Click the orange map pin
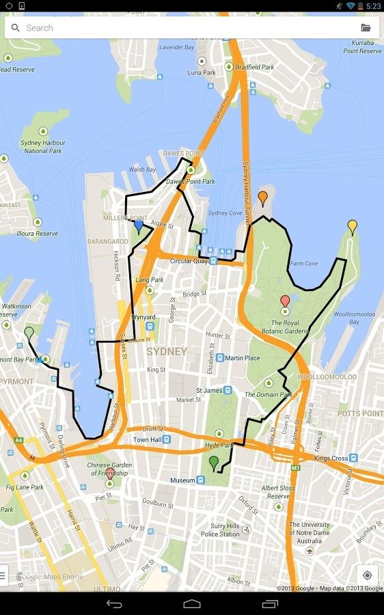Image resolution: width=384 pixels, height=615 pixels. [x=262, y=198]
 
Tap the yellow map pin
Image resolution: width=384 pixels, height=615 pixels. [x=352, y=226]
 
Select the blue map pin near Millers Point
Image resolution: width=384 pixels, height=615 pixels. [x=139, y=225]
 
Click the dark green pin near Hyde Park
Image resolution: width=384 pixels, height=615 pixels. [x=214, y=463]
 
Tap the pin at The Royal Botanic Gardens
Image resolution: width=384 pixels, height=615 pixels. [x=285, y=301]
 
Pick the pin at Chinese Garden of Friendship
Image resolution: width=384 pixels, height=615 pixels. [x=110, y=473]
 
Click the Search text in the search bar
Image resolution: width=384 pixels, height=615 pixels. [x=40, y=28]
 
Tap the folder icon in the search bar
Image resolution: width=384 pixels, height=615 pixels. [x=366, y=28]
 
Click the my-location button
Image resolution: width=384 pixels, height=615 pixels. [x=367, y=575]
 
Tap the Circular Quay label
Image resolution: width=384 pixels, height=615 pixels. [x=189, y=261]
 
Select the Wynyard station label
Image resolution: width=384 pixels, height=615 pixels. [x=143, y=318]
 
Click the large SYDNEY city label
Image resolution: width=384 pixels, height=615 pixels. [x=166, y=351]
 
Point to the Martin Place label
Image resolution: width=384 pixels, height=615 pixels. [x=243, y=357]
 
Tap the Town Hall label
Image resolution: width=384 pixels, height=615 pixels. [x=146, y=439]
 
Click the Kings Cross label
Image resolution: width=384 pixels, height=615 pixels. [x=331, y=458]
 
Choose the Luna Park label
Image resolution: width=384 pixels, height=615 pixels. [x=202, y=72]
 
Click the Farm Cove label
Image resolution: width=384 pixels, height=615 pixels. [x=303, y=263]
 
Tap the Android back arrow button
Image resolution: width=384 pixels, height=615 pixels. [x=114, y=603]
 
